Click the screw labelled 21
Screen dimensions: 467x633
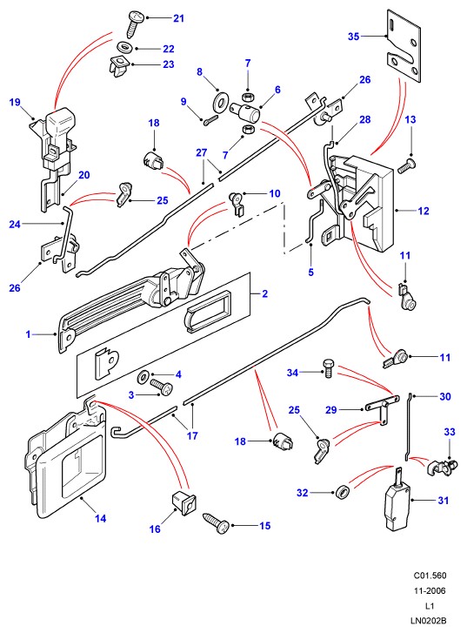point(135,24)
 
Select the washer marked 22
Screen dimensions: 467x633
point(125,47)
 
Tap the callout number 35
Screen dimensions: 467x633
point(353,37)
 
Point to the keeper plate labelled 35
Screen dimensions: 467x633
point(404,45)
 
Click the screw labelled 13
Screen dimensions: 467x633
point(406,166)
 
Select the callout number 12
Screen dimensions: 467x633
point(424,211)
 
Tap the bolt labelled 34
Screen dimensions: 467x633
point(328,367)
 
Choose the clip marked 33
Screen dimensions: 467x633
point(443,467)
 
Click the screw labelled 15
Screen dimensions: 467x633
point(217,523)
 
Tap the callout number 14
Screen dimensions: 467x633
point(100,518)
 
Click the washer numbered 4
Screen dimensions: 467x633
point(143,377)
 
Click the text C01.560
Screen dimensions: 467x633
point(430,576)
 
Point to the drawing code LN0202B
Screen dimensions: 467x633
point(428,621)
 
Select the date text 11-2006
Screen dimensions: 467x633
point(430,590)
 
